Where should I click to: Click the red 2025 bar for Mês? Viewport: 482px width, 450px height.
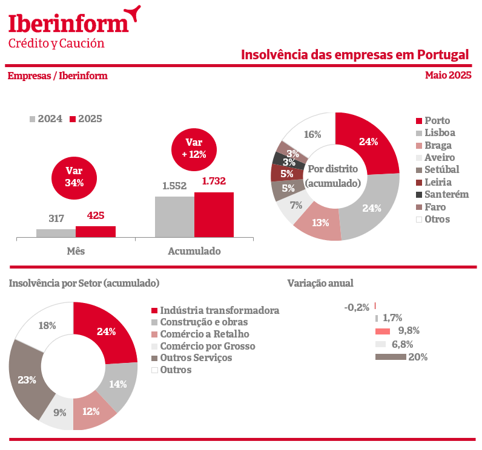[x=95, y=232]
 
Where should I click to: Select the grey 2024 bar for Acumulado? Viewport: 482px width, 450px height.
[x=174, y=217]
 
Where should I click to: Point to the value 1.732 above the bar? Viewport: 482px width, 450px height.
[x=214, y=181]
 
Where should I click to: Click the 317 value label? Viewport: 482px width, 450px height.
[x=56, y=218]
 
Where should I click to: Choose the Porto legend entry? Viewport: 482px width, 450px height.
[x=437, y=120]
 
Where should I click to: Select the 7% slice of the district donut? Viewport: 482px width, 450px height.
[x=295, y=206]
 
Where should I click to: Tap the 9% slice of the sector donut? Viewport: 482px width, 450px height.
[x=59, y=414]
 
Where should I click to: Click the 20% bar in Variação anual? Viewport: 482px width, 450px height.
[x=391, y=357]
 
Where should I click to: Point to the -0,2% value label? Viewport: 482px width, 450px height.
[x=357, y=307]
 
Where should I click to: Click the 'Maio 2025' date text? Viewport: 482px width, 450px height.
[x=448, y=76]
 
